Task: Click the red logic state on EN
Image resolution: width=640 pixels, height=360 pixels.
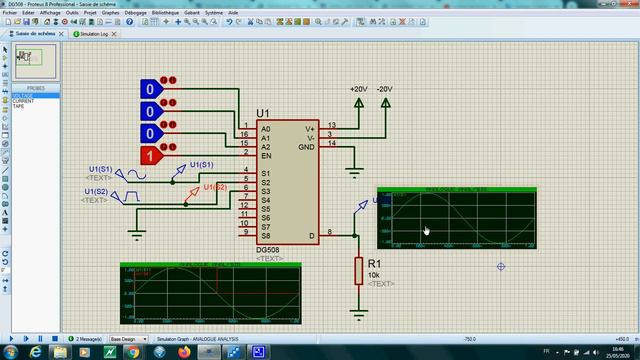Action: coord(151,155)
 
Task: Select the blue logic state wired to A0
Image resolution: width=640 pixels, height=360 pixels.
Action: coord(151,89)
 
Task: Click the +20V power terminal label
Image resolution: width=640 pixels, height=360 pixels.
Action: coord(358,89)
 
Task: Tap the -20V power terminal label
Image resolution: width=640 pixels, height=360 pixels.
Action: coord(385,89)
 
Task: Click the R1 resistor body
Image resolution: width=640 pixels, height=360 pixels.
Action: coord(358,270)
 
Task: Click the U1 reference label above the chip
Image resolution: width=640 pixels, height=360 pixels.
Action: coord(263,114)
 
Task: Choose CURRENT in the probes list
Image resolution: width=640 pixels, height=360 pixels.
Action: coord(23,101)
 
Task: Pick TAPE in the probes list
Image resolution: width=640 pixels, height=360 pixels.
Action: coord(18,106)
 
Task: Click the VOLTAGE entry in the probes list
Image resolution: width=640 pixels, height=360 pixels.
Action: coord(23,96)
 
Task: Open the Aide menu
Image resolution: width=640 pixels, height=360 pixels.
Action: coord(233,12)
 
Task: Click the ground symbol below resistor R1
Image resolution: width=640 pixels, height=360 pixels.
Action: coord(358,314)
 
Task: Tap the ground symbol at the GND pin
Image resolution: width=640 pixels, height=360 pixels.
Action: coord(353,171)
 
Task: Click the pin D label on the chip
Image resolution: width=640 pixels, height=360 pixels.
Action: coord(312,236)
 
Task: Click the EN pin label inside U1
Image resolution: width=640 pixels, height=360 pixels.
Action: coord(266,156)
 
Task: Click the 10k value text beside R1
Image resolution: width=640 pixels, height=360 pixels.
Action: coord(373,274)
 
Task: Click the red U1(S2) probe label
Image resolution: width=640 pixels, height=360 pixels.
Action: coord(215,187)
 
